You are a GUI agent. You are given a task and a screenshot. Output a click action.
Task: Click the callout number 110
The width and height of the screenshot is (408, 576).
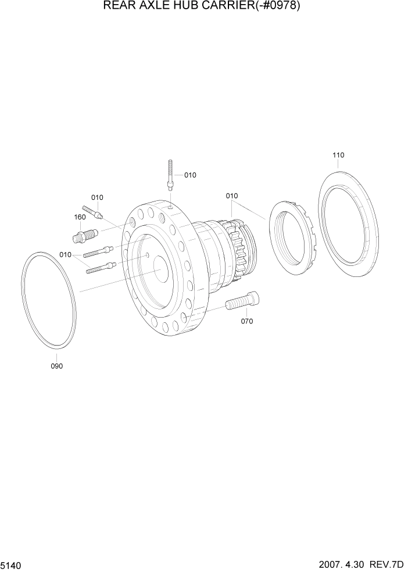(338, 155)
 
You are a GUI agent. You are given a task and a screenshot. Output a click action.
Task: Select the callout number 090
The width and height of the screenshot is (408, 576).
(56, 366)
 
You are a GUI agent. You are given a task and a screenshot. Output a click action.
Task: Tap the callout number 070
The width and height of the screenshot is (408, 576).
(246, 321)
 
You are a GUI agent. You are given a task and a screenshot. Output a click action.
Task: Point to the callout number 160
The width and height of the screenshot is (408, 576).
(80, 217)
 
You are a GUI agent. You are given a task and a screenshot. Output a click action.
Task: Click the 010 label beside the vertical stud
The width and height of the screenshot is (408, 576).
(190, 175)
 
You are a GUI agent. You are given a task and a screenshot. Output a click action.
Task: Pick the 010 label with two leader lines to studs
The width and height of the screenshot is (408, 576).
(65, 254)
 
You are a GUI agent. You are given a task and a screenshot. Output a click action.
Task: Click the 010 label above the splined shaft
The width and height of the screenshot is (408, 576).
(231, 196)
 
